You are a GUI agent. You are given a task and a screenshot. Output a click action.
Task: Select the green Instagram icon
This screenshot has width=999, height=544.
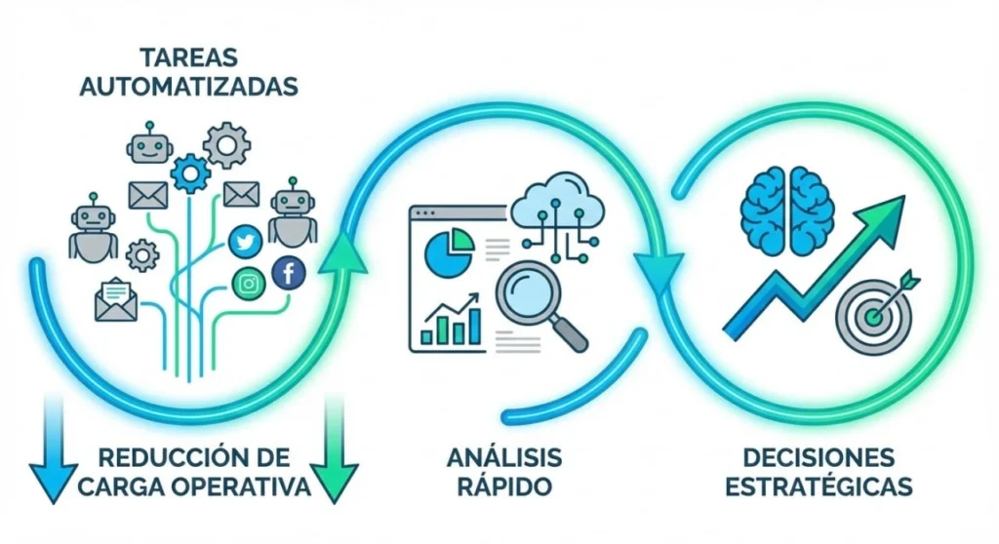pyautogui.click(x=250, y=285)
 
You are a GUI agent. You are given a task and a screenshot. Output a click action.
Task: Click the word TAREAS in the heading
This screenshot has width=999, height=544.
pyautogui.click(x=187, y=58)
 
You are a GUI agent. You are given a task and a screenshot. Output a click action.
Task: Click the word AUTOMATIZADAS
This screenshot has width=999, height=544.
pyautogui.click(x=187, y=86)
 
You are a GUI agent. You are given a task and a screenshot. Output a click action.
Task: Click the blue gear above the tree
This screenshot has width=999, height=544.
pyautogui.click(x=189, y=173)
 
